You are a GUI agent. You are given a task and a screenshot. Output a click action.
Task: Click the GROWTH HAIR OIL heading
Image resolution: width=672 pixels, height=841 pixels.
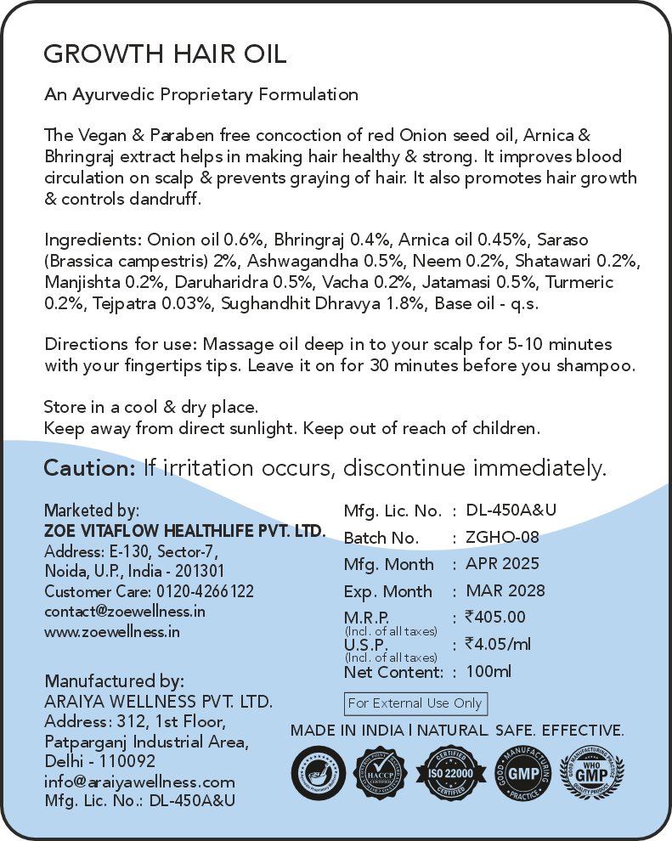165,54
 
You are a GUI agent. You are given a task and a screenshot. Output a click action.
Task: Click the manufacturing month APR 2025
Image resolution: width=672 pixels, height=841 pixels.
502,564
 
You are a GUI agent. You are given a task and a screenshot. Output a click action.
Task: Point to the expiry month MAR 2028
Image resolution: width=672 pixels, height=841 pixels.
505,590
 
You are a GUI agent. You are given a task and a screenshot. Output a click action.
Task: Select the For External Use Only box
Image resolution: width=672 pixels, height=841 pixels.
415,703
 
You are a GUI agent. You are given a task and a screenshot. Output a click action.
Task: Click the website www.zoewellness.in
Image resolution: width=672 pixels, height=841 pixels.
112,631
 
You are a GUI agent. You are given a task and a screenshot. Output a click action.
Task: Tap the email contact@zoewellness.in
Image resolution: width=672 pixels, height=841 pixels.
125,611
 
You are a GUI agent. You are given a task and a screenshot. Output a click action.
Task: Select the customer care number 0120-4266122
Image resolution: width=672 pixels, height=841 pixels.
205,591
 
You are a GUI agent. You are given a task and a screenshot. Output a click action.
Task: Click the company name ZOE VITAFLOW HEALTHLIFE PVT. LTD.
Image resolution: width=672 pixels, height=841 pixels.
184,531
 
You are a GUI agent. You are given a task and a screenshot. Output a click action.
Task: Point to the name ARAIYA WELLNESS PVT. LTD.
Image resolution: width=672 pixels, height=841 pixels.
158,703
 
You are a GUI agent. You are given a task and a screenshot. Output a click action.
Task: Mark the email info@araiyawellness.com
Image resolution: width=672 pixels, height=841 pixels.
139,782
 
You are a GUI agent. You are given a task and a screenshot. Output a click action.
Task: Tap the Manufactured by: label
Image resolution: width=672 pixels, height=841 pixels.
114,681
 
